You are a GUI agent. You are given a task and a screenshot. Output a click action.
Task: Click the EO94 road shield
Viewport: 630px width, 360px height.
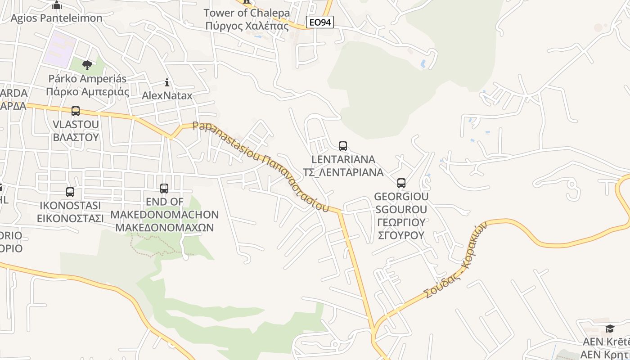[319, 22]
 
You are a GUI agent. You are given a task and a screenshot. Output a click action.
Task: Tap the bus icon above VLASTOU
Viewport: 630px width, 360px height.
[76, 111]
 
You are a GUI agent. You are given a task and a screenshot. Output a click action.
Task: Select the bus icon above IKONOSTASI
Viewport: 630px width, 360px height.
[70, 192]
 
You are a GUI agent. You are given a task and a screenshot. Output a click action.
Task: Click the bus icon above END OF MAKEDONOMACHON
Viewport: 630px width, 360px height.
[164, 189]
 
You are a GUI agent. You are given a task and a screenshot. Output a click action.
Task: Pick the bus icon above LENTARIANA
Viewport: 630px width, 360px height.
[343, 146]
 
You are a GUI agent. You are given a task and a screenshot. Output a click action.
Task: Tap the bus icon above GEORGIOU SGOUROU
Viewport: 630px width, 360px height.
[401, 183]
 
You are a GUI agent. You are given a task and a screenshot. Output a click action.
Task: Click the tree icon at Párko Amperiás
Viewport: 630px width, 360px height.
[87, 66]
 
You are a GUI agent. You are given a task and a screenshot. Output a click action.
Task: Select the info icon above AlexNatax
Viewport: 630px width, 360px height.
[167, 82]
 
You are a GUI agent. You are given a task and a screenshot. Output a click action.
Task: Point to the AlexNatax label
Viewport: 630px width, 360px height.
[167, 96]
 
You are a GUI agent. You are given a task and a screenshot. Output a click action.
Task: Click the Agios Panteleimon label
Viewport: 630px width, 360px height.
[57, 18]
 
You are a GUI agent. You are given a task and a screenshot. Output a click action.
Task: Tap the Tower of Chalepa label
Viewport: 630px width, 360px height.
[247, 13]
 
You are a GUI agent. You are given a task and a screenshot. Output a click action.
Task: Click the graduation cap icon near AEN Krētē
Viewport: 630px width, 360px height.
[610, 329]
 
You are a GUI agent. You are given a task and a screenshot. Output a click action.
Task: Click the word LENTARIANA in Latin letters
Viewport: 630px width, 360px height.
[343, 159]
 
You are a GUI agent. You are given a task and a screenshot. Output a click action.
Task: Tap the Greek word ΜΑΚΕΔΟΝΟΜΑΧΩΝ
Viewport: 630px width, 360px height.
[165, 227]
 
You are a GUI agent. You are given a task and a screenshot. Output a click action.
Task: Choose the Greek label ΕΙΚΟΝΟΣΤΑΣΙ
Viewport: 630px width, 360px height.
[70, 218]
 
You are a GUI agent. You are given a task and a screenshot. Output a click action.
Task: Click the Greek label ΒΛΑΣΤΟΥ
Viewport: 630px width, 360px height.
[76, 137]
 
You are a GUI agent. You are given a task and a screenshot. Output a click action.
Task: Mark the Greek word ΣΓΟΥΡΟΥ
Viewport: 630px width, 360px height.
[401, 235]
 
